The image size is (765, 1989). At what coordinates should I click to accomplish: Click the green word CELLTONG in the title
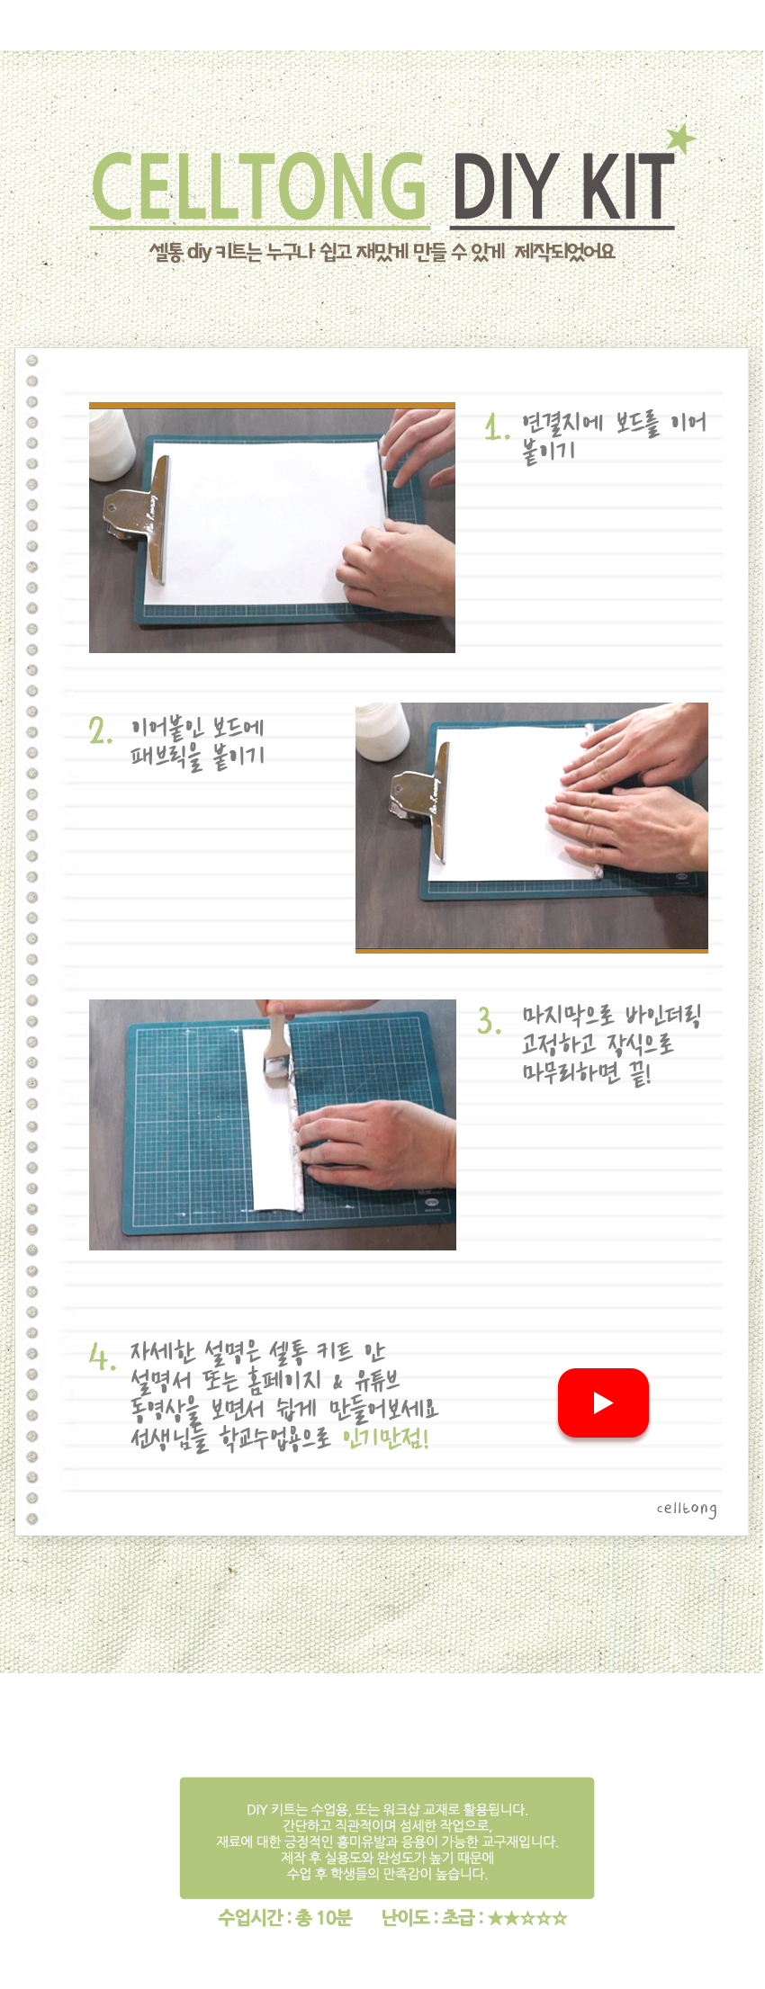pyautogui.click(x=259, y=186)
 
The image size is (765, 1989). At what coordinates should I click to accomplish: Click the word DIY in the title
pyautogui.click(x=505, y=186)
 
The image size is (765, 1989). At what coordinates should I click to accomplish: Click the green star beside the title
pyautogui.click(x=681, y=139)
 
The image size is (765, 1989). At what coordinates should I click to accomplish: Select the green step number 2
pyautogui.click(x=101, y=730)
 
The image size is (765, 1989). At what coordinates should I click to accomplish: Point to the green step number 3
pyautogui.click(x=490, y=1020)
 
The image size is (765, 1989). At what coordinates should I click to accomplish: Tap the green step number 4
pyautogui.click(x=102, y=1356)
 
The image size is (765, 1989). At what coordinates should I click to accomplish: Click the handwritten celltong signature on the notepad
pyautogui.click(x=687, y=1509)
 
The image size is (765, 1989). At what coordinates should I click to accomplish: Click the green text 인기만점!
pyautogui.click(x=386, y=1438)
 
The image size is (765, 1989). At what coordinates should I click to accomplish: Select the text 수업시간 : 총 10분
pyautogui.click(x=285, y=1917)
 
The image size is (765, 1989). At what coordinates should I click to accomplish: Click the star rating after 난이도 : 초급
pyautogui.click(x=527, y=1918)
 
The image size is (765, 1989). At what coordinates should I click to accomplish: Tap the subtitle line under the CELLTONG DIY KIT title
pyautogui.click(x=382, y=252)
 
